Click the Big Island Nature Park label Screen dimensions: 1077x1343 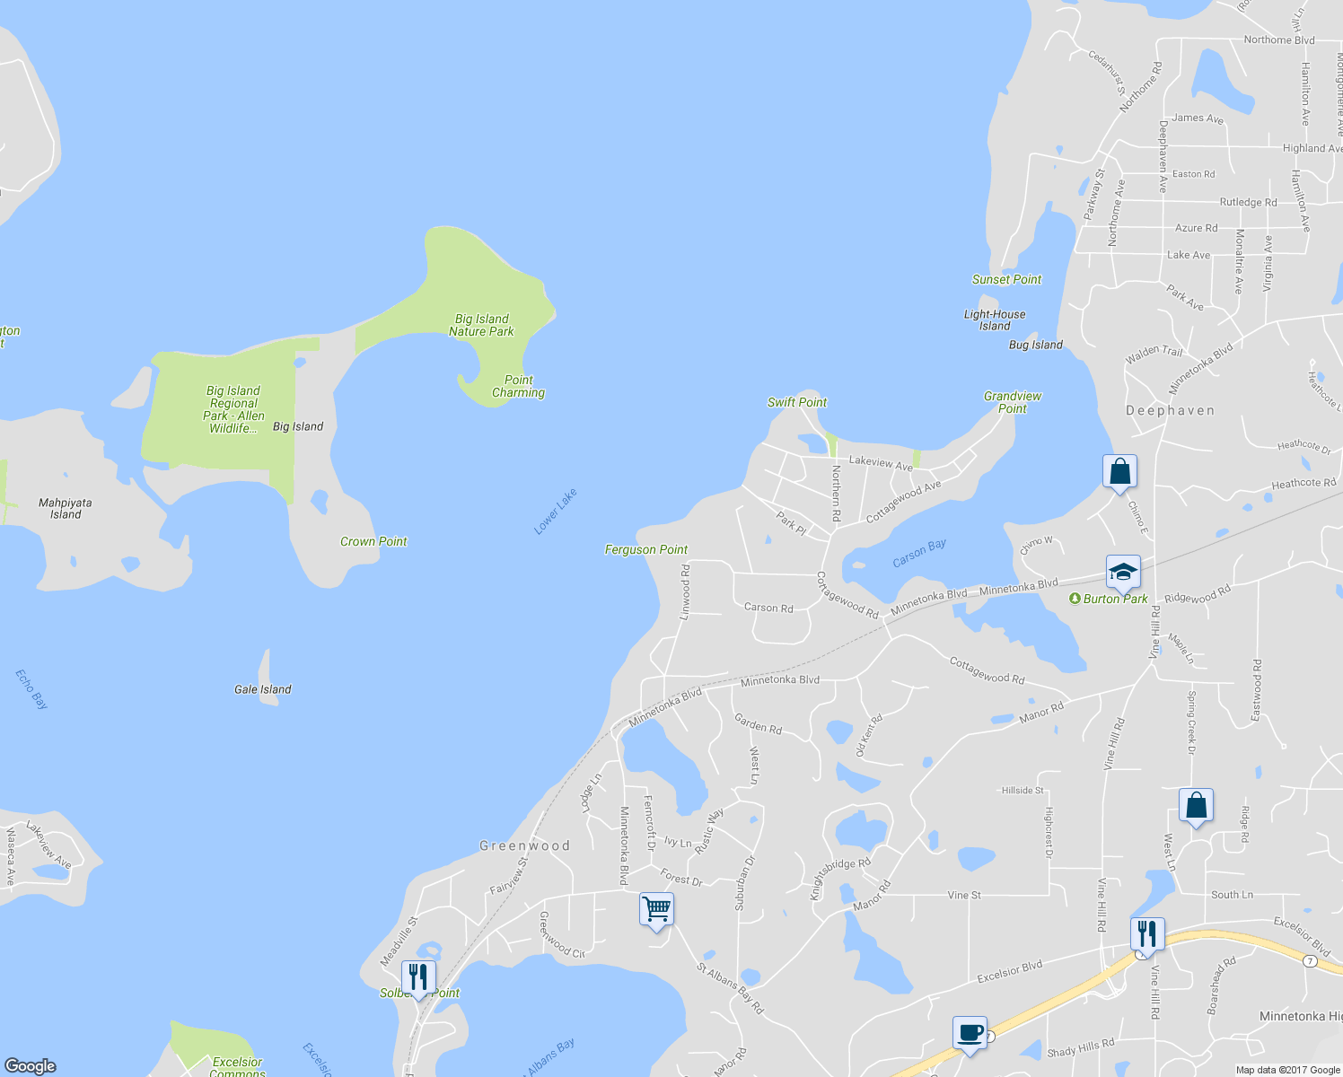[x=481, y=325]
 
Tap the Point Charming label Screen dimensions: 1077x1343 [x=518, y=386]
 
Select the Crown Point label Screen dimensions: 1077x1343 [x=373, y=541]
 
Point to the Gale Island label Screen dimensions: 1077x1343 [x=262, y=689]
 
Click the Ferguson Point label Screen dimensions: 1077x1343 [x=645, y=549]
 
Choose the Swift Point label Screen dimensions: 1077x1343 [x=797, y=402]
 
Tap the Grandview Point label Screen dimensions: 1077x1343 [x=1013, y=402]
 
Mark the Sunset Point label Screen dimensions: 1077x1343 [x=1006, y=279]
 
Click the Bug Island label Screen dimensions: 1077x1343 [x=1035, y=345]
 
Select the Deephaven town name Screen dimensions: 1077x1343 [x=1170, y=410]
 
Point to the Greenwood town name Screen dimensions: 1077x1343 [x=524, y=845]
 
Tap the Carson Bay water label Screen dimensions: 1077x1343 [x=919, y=553]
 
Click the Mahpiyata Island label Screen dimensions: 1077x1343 [x=66, y=508]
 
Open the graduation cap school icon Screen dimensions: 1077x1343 [x=1122, y=571]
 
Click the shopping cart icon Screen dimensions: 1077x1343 [x=656, y=909]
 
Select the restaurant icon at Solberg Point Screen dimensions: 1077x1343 [x=418, y=976]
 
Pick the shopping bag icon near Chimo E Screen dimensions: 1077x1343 [x=1119, y=471]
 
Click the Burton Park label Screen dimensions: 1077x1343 [x=1114, y=599]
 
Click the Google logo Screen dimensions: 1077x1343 [x=30, y=1065]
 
